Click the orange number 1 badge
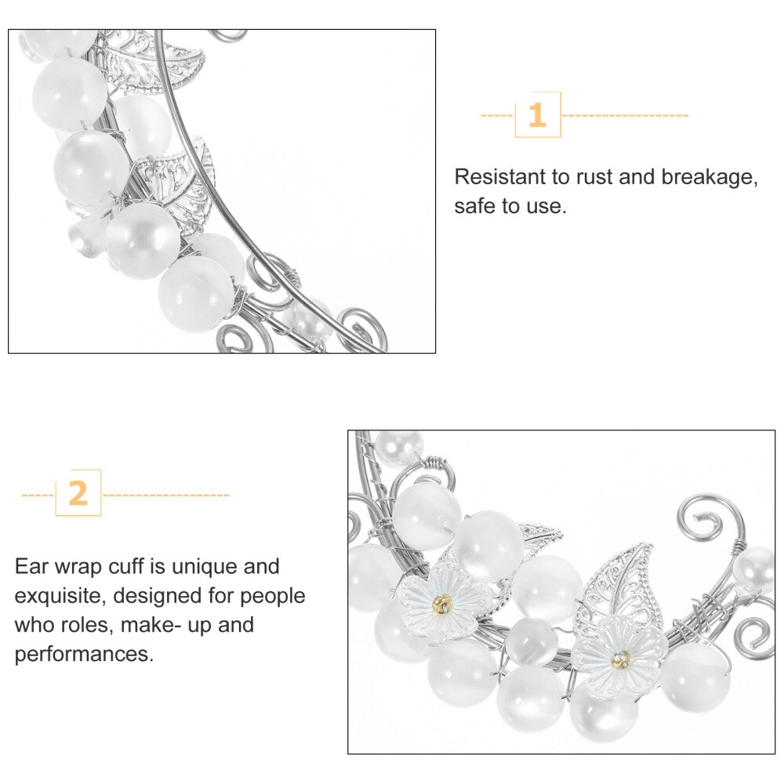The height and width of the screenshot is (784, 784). pyautogui.click(x=538, y=114)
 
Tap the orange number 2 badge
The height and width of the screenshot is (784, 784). pyautogui.click(x=78, y=493)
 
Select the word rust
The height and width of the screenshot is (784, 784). pyautogui.click(x=594, y=177)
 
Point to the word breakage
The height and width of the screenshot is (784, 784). pyautogui.click(x=710, y=178)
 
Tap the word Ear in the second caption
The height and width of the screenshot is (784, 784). pyautogui.click(x=31, y=567)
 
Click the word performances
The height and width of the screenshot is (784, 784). pyautogui.click(x=84, y=655)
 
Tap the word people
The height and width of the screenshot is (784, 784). pyautogui.click(x=273, y=597)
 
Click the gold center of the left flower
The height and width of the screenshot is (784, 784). pyautogui.click(x=442, y=604)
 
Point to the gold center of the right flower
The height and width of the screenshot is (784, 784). pyautogui.click(x=620, y=660)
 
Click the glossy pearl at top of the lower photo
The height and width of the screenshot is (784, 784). pyautogui.click(x=398, y=447)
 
